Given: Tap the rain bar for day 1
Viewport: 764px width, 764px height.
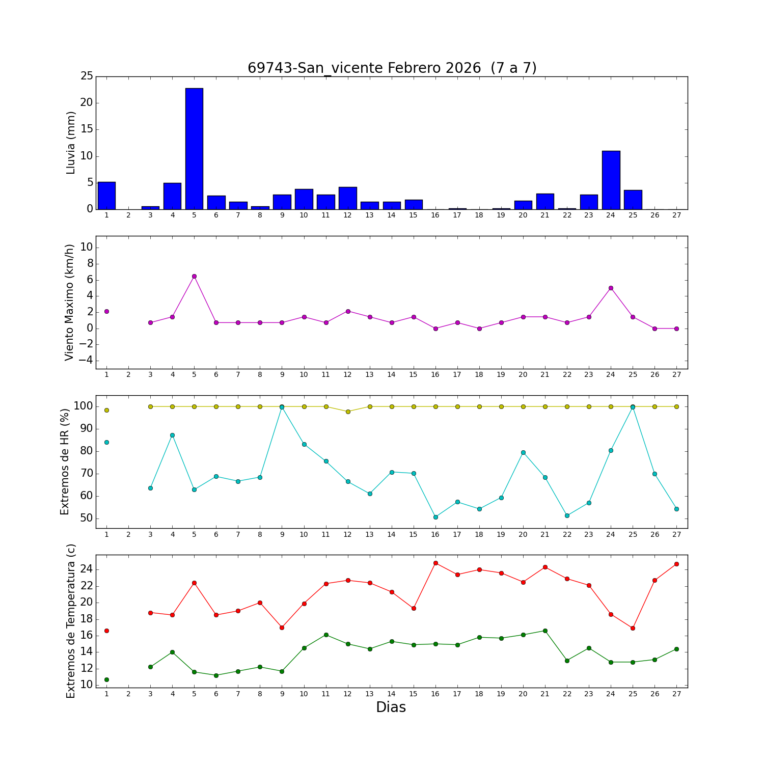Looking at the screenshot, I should (106, 196).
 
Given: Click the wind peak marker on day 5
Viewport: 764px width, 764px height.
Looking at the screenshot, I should (194, 276).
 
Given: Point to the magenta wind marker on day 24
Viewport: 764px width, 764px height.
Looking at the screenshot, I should (611, 288).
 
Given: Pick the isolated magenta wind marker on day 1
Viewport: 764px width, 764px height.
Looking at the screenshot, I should (106, 311).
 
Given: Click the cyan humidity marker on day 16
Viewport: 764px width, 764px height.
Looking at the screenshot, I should (435, 517).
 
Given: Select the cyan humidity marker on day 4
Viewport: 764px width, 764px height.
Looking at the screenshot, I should (172, 435).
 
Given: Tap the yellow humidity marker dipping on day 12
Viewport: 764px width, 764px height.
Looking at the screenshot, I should (348, 412).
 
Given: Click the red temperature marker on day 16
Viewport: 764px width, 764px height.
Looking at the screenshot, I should (435, 563).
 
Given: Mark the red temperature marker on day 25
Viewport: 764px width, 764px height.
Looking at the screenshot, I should (633, 628).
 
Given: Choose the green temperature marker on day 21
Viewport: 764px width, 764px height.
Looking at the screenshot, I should (545, 631).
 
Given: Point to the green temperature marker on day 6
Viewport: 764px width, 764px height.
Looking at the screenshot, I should (216, 675).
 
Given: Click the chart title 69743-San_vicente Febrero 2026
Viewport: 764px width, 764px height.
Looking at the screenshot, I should (392, 68).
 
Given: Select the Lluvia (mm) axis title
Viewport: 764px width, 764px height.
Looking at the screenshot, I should (71, 143).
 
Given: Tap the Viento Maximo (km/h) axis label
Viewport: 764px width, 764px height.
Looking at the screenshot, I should (69, 302).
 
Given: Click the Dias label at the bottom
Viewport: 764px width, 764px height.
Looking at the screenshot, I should (391, 707).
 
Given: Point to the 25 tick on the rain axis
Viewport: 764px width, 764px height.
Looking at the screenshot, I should (87, 76).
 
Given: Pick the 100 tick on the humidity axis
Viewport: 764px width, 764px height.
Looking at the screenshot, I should (83, 406).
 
